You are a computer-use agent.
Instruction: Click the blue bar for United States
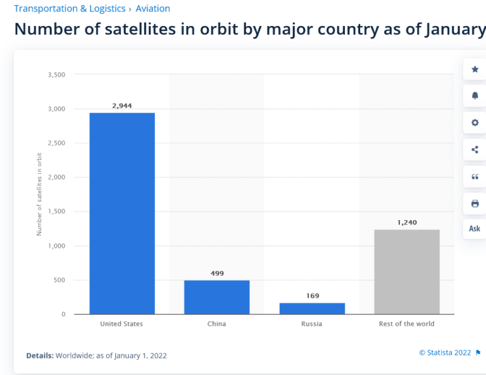pos(121,213)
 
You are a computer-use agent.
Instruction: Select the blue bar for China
pos(216,297)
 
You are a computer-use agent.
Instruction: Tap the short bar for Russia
pos(312,309)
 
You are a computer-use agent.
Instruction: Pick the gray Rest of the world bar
pos(406,271)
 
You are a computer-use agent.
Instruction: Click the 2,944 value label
pos(121,106)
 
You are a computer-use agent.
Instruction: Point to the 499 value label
pos(216,273)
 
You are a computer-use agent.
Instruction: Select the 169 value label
pos(312,295)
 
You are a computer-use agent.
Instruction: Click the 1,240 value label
pos(406,223)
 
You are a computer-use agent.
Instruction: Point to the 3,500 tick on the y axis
pos(56,75)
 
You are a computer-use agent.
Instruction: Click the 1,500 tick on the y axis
pos(56,212)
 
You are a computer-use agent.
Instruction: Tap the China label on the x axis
pos(216,324)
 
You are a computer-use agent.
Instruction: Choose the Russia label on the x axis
pos(312,324)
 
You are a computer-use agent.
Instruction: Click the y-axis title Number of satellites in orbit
pos(39,194)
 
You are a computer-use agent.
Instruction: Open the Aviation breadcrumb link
pos(153,9)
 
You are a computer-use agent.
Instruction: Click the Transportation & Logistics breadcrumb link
pos(70,9)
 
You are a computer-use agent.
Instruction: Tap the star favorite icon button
pos(475,70)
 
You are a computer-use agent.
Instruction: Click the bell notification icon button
pos(475,96)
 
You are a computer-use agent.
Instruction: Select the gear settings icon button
pos(475,123)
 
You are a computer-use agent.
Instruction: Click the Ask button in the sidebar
pos(475,229)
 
